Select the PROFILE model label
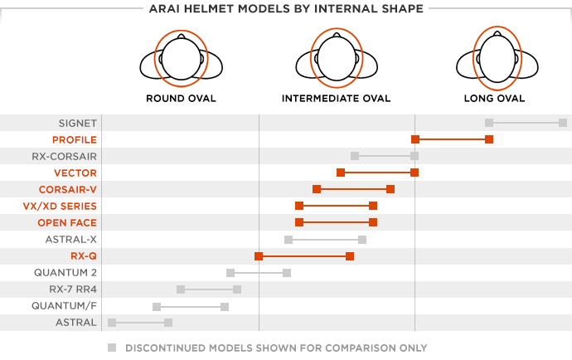point(75,139)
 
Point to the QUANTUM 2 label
point(65,272)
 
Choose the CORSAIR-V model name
point(67,189)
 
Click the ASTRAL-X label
point(70,239)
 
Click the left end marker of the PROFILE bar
point(414,139)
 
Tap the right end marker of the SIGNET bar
point(563,123)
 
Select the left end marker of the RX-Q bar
point(259,255)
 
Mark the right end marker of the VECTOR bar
point(414,173)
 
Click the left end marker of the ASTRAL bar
point(112,322)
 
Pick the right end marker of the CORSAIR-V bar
point(390,189)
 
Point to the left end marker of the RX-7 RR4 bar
point(181,289)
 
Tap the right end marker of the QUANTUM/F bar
point(225,305)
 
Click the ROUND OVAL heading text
point(181,99)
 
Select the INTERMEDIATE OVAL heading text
point(336,99)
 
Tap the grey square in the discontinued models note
point(112,348)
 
